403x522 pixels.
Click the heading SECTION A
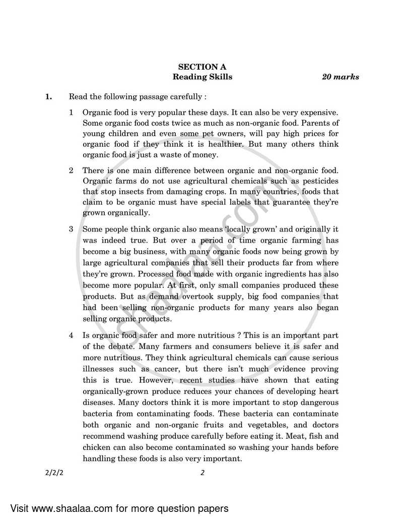click(x=203, y=67)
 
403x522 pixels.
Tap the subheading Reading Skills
click(x=203, y=77)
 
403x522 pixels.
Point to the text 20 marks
click(x=341, y=77)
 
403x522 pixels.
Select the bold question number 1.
click(x=48, y=96)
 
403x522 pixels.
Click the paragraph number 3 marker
click(x=72, y=229)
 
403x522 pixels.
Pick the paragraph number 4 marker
click(x=72, y=335)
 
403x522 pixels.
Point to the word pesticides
click(x=319, y=181)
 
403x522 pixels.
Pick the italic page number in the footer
click(x=202, y=473)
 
